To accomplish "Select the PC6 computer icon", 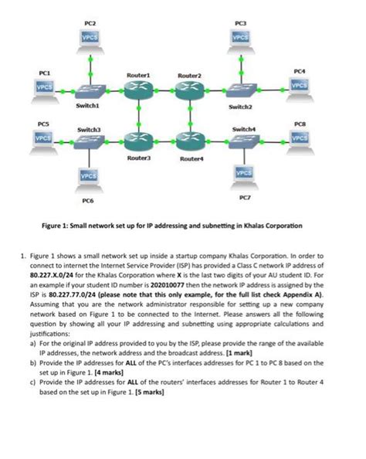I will point(90,178).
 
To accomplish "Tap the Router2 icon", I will point(189,90).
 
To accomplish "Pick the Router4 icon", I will point(189,140).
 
